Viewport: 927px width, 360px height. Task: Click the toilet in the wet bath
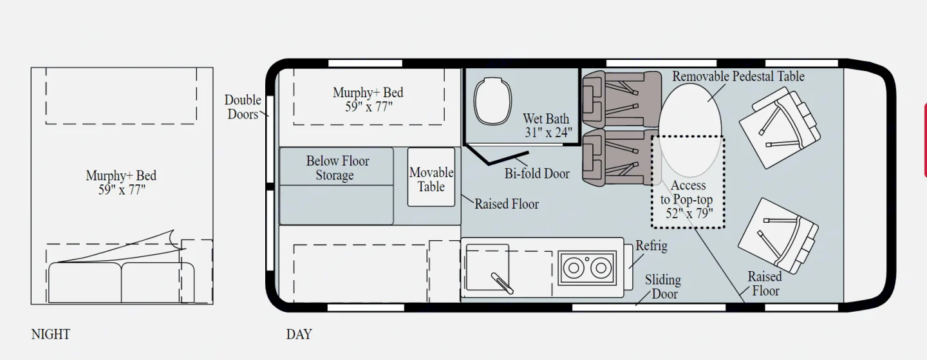[x=492, y=100]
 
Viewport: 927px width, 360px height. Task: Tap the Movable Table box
[x=431, y=177]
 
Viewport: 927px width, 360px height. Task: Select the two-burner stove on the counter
[x=587, y=268]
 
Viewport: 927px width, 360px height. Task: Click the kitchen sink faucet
[x=502, y=283]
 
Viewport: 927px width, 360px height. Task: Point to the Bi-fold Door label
[x=537, y=173]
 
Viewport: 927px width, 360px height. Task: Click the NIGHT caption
[x=50, y=334]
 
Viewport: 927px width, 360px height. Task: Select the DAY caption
[x=299, y=334]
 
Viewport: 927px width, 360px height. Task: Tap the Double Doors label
[x=243, y=107]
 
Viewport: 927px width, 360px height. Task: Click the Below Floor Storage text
[x=337, y=167]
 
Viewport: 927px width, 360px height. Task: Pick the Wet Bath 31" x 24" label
[x=547, y=126]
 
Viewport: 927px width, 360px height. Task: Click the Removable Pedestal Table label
[x=738, y=76]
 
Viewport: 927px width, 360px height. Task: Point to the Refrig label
[x=651, y=245]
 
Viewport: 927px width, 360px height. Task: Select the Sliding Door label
[x=663, y=287]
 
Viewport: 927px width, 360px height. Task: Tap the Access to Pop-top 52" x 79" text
[x=688, y=199]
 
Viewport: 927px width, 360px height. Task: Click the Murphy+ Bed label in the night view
[x=121, y=182]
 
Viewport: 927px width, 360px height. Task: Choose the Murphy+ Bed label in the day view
[x=368, y=99]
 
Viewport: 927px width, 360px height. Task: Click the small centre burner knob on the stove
[x=587, y=260]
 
